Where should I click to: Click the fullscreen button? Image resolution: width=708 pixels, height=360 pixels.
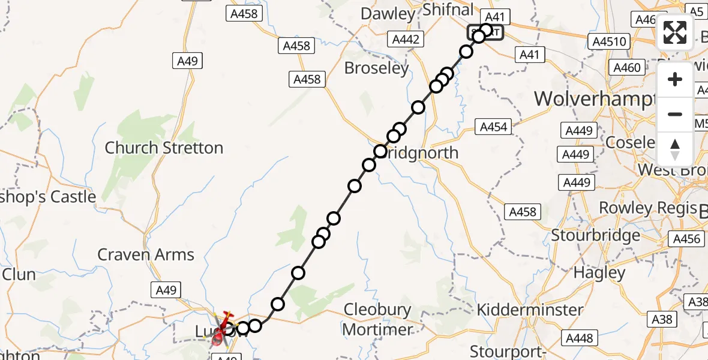675,32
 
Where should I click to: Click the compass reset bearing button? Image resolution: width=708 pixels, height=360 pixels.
675,149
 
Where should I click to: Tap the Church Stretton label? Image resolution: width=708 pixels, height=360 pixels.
164,148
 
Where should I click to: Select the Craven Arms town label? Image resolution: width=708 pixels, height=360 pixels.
146,254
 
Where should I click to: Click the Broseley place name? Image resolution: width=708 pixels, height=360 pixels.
376,68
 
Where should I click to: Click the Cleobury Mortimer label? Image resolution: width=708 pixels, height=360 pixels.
377,319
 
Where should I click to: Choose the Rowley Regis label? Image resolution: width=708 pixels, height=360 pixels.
643,208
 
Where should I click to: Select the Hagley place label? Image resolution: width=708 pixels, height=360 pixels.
599,272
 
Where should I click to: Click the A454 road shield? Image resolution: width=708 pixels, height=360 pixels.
494,127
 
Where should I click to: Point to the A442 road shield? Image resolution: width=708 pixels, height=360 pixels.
407,40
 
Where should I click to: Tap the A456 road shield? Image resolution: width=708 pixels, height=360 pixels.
687,239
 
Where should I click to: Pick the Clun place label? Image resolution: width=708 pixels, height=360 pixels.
19,275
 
